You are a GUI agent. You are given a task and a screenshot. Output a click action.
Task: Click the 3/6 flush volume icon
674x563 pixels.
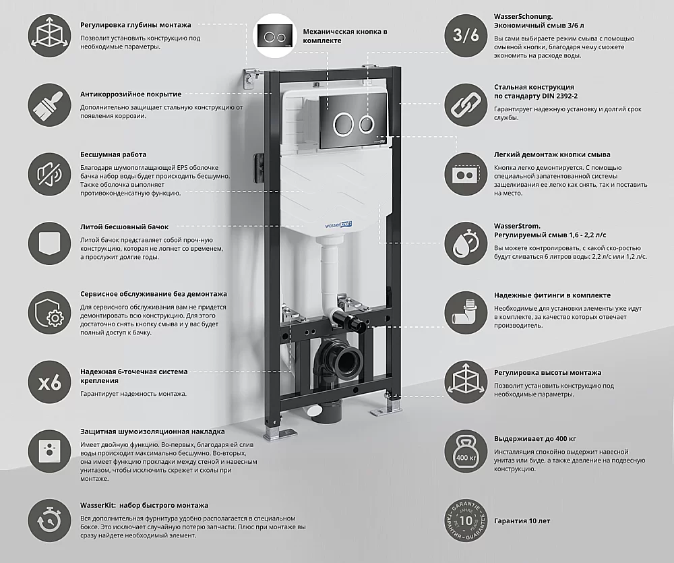466,35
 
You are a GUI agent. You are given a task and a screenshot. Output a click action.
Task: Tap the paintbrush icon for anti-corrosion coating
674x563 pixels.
50,105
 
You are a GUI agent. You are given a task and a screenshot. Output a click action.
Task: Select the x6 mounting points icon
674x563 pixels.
50,382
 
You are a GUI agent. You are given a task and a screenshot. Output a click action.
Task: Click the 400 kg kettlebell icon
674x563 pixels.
466,452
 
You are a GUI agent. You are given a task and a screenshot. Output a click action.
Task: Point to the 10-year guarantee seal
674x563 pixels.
466,521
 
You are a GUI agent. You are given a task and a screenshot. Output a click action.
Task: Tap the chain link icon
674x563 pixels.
466,106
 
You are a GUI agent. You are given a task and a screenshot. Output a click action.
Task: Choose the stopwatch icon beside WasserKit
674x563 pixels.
50,521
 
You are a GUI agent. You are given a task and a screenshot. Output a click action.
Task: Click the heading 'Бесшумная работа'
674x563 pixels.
113,154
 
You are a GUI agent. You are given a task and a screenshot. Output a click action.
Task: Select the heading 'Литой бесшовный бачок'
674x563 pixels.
124,227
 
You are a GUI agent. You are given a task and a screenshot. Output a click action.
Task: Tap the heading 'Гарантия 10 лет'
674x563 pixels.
522,521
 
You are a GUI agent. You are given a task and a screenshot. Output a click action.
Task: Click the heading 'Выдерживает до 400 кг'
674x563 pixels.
534,439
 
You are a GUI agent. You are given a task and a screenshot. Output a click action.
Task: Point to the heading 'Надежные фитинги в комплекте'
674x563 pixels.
552,295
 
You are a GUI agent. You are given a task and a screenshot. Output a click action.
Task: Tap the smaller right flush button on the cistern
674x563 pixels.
367,123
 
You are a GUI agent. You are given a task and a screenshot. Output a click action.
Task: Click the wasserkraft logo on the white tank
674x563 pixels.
338,224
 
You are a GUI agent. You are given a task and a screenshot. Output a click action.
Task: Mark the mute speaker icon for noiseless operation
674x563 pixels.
50,175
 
